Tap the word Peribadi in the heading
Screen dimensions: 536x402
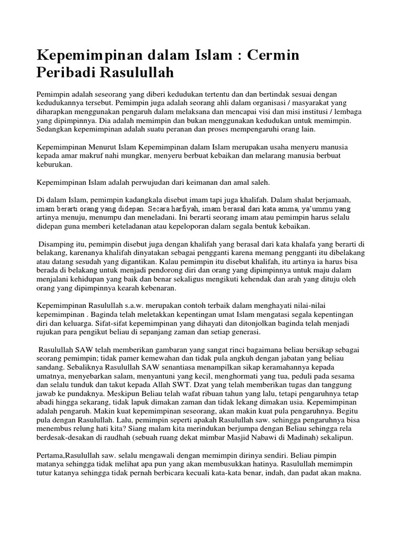(68, 72)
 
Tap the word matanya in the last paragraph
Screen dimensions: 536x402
(52, 464)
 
